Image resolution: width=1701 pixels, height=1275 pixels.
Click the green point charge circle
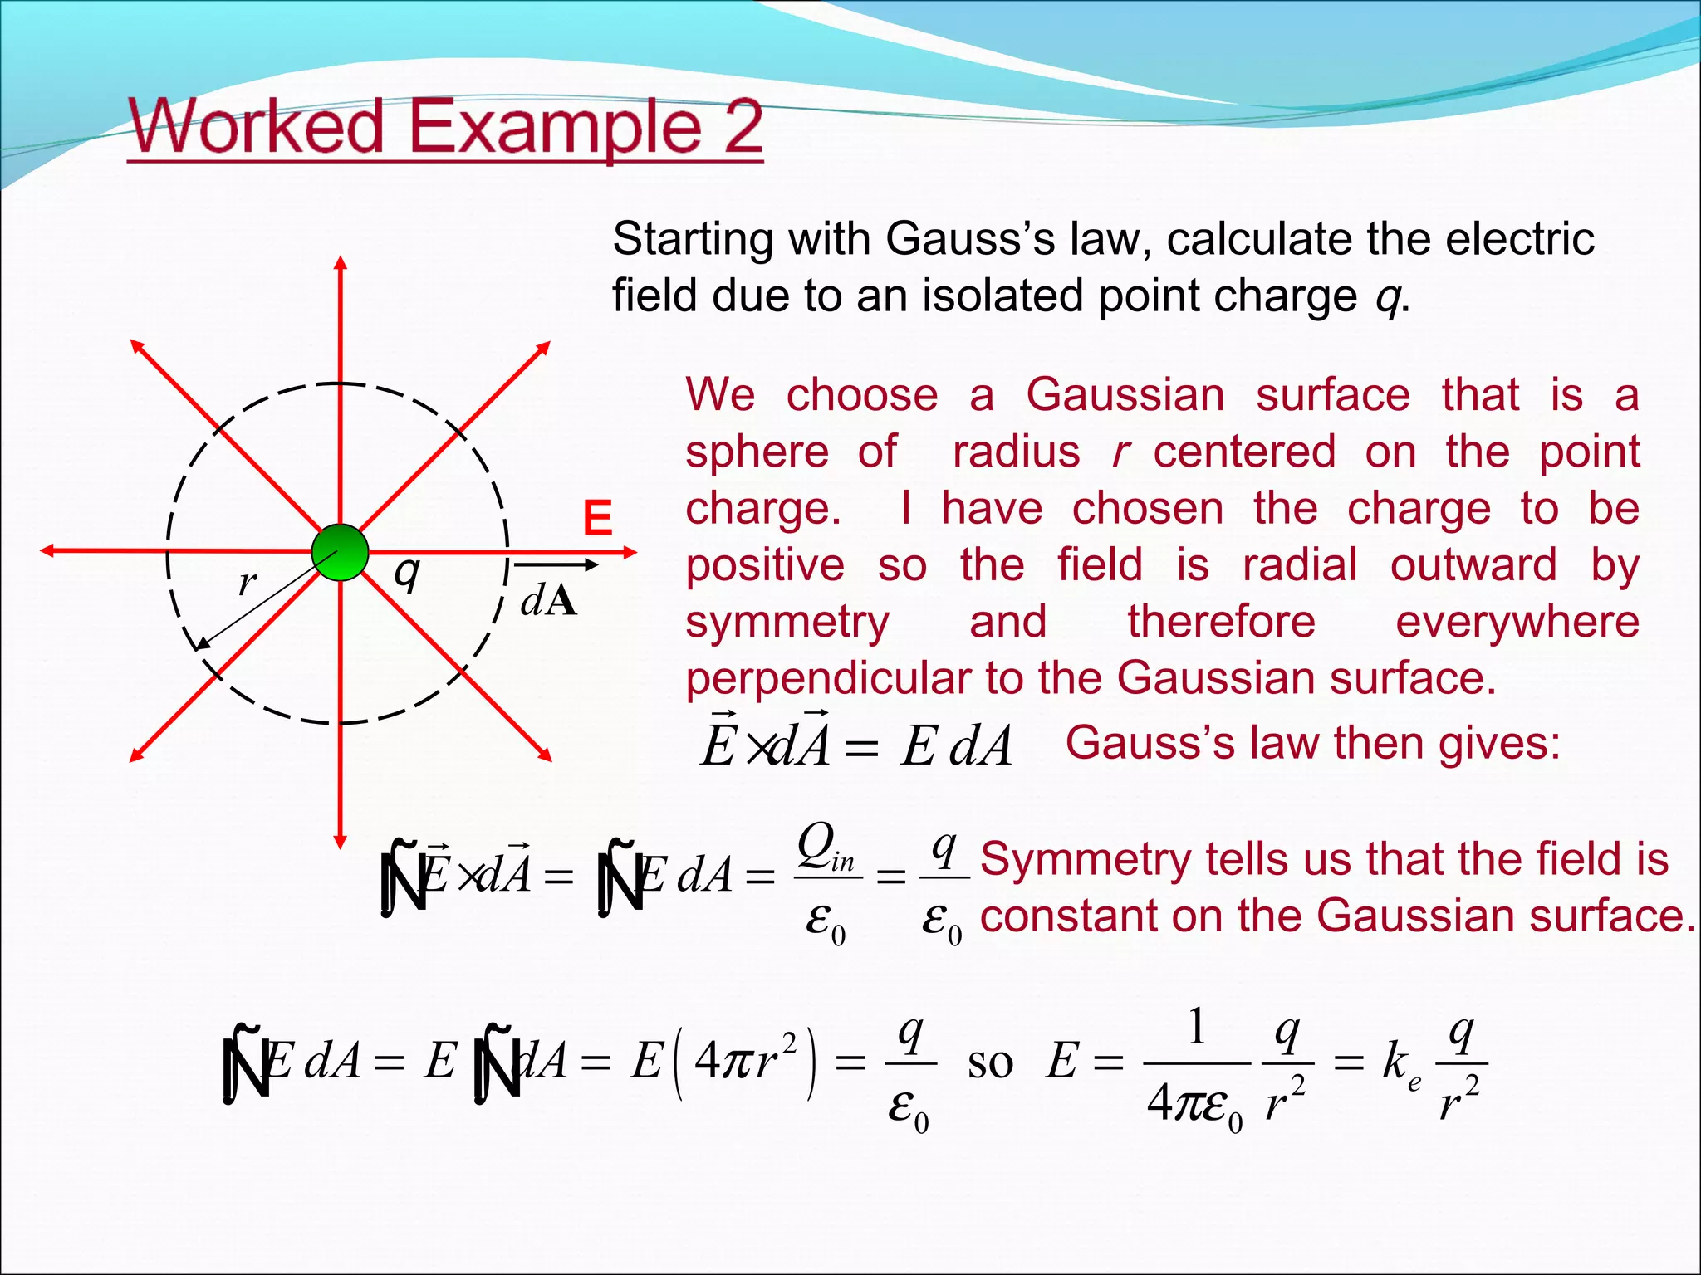340,552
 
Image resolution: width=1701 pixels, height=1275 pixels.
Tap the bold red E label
597,520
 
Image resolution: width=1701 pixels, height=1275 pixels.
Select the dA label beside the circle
548,600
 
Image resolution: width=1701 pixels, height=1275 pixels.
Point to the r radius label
247,584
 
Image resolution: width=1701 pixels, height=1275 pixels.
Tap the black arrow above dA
556,566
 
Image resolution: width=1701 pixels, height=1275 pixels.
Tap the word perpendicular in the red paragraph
827,679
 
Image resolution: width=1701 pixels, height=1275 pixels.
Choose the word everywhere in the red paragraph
1517,623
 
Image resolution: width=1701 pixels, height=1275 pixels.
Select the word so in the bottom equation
990,1063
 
